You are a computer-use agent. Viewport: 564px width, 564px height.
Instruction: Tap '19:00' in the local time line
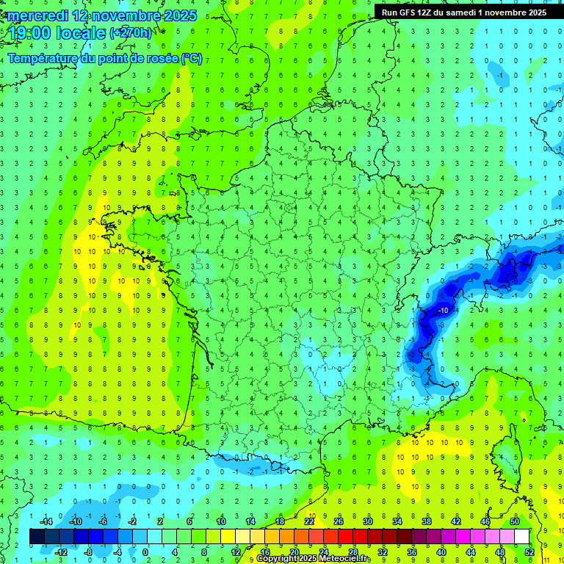click(28, 33)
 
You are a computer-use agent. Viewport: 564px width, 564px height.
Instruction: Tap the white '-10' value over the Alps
click(443, 311)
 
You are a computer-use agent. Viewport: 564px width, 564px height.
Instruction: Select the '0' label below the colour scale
click(145, 552)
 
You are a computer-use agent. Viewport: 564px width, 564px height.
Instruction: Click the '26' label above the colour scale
click(339, 521)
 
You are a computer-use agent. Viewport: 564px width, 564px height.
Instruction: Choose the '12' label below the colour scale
click(235, 552)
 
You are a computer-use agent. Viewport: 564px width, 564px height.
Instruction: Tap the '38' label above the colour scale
click(427, 521)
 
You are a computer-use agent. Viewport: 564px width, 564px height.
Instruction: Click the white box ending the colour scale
click(521, 537)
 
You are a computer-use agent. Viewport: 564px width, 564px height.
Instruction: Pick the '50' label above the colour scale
click(515, 521)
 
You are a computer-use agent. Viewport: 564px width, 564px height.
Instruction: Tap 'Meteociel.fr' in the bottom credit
click(344, 559)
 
